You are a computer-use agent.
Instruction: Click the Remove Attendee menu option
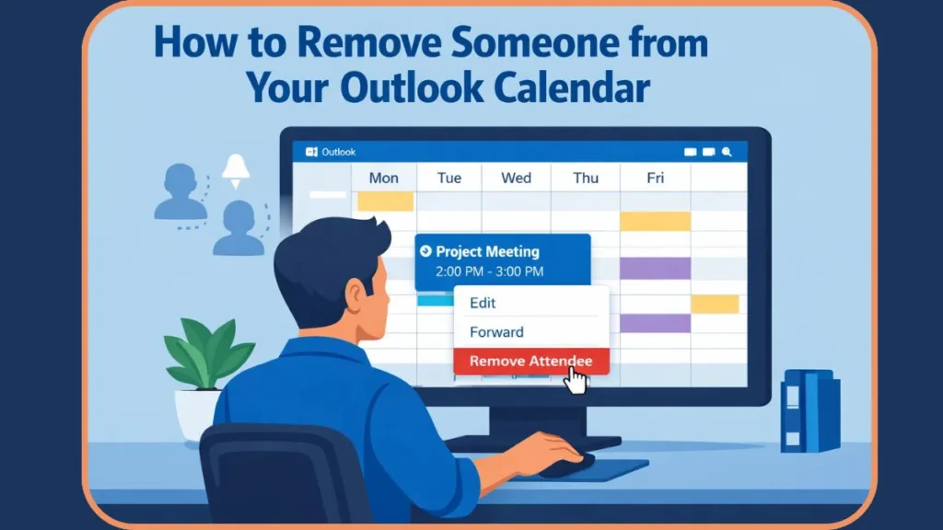(530, 362)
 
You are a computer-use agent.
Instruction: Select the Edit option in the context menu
(483, 303)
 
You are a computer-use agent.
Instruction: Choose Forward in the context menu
(496, 332)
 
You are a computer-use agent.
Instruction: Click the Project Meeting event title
(487, 251)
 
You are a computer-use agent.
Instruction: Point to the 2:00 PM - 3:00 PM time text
(489, 271)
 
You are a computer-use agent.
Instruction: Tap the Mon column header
(383, 178)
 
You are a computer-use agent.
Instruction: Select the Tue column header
(448, 178)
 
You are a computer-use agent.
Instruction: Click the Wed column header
(516, 178)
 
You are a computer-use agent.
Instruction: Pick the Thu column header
(586, 178)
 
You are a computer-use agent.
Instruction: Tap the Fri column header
(655, 178)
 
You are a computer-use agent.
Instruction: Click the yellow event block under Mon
(385, 201)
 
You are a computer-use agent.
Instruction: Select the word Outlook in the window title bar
(338, 152)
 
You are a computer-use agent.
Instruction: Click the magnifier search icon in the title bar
(727, 152)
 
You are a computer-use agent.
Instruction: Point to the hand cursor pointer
(578, 380)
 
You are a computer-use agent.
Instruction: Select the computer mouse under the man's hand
(568, 459)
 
